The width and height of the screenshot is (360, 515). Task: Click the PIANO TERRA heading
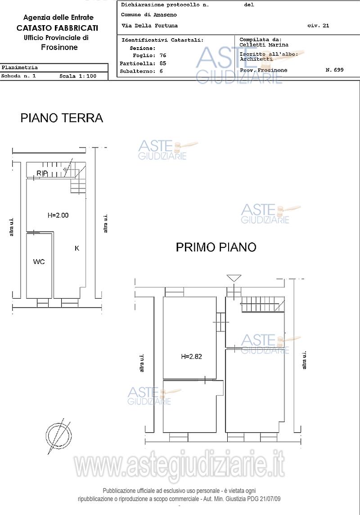tap(62, 118)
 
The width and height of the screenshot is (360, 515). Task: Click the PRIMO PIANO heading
tap(216, 247)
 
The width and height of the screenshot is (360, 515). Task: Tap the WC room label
tap(39, 262)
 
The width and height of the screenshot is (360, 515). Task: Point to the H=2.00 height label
tap(58, 215)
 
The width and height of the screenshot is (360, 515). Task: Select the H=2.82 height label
tap(192, 356)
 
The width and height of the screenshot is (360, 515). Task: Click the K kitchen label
tap(77, 248)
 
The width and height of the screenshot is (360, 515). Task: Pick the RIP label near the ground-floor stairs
tap(42, 173)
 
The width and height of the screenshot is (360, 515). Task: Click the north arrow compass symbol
tap(59, 436)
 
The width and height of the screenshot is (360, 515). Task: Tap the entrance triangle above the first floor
tap(234, 278)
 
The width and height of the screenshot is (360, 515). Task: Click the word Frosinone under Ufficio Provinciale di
tap(59, 47)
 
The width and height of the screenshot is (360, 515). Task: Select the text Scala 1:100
tap(78, 76)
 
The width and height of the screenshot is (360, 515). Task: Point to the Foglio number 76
tap(163, 55)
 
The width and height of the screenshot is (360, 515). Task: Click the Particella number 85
tap(163, 63)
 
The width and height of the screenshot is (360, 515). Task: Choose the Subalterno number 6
tap(161, 71)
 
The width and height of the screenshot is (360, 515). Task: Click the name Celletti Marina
tap(264, 45)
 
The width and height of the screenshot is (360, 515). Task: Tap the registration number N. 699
tap(334, 70)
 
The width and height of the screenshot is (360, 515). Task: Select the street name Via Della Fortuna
tap(149, 26)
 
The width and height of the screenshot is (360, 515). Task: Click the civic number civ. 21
tap(318, 26)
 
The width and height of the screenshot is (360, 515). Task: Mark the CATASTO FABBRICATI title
tap(58, 28)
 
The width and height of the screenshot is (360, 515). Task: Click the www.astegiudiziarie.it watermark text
tap(180, 465)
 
